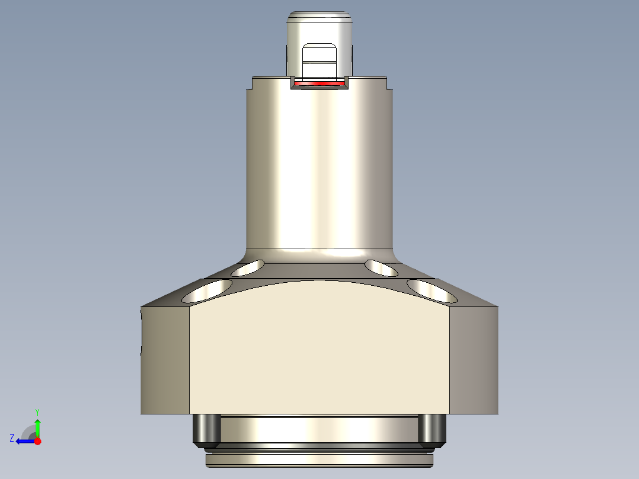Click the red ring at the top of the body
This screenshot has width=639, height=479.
(x=319, y=84)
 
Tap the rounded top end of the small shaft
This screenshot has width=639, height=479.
(x=319, y=17)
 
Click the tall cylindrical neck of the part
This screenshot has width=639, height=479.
(x=319, y=166)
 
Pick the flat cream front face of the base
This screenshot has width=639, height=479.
(x=319, y=350)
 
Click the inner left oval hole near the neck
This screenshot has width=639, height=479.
(x=248, y=268)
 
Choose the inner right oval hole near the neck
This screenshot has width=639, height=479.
(x=381, y=268)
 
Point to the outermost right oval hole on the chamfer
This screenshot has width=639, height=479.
(x=432, y=290)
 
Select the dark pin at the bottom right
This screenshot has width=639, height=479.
(x=432, y=430)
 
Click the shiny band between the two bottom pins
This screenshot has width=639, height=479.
(x=319, y=429)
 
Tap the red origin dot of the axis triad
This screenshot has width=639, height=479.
(x=37, y=441)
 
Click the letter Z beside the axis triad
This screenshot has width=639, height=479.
(x=12, y=438)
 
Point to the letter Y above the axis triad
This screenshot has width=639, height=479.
(x=37, y=412)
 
